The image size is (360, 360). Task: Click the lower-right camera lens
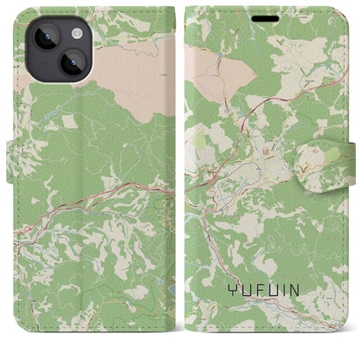click(x=73, y=63)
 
